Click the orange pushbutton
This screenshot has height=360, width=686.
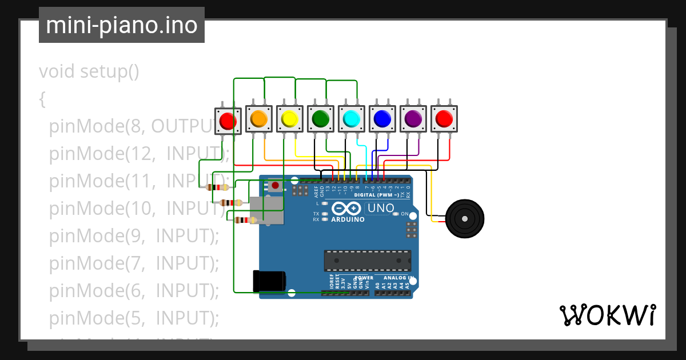point(258,119)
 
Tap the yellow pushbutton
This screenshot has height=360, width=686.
point(289,119)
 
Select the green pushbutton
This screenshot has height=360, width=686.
point(320,119)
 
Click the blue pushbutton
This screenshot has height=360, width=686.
point(382,119)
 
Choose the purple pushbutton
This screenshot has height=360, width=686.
point(413,119)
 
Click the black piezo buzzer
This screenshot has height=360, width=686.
point(465,218)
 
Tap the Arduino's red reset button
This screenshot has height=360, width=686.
point(276,186)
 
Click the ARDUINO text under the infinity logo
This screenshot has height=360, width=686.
point(348,219)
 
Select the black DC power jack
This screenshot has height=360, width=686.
point(269,280)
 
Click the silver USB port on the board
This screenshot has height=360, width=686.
point(267,210)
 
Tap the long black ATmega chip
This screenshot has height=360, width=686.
point(367,261)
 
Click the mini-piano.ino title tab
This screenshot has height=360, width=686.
point(121,25)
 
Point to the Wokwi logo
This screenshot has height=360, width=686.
point(607,315)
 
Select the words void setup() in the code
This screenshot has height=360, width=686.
point(89,72)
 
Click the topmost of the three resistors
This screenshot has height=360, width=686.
point(217,187)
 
